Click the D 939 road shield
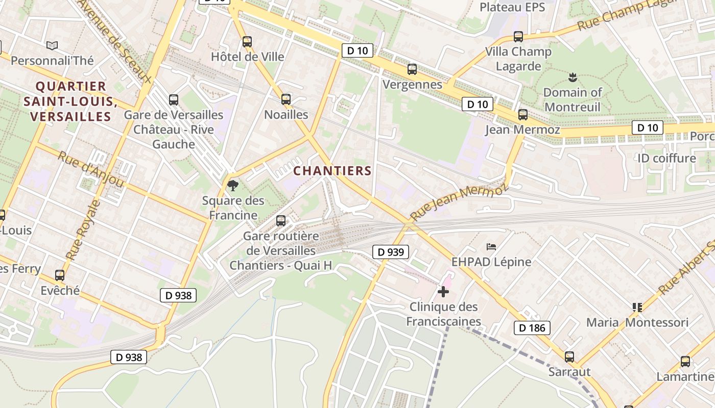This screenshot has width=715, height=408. (391, 252)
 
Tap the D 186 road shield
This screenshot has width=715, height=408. (532, 328)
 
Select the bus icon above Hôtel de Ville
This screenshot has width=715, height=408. (247, 42)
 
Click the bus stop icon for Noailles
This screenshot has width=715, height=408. (286, 99)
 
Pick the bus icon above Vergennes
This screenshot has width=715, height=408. (412, 69)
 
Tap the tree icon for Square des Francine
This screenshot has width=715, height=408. (233, 186)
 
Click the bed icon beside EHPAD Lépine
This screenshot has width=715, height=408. (491, 247)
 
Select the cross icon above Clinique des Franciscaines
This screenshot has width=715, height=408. (443, 292)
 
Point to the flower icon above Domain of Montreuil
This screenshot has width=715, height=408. (572, 78)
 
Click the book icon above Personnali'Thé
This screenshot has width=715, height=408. (52, 45)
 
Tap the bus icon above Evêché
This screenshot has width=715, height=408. (60, 275)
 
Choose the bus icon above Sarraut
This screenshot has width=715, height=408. (569, 356)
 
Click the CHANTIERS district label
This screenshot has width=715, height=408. (332, 171)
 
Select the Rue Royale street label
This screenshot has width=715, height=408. (82, 230)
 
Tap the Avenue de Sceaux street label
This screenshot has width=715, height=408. (115, 40)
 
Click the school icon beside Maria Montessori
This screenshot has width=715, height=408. (637, 307)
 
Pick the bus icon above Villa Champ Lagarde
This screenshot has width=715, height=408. (518, 37)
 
